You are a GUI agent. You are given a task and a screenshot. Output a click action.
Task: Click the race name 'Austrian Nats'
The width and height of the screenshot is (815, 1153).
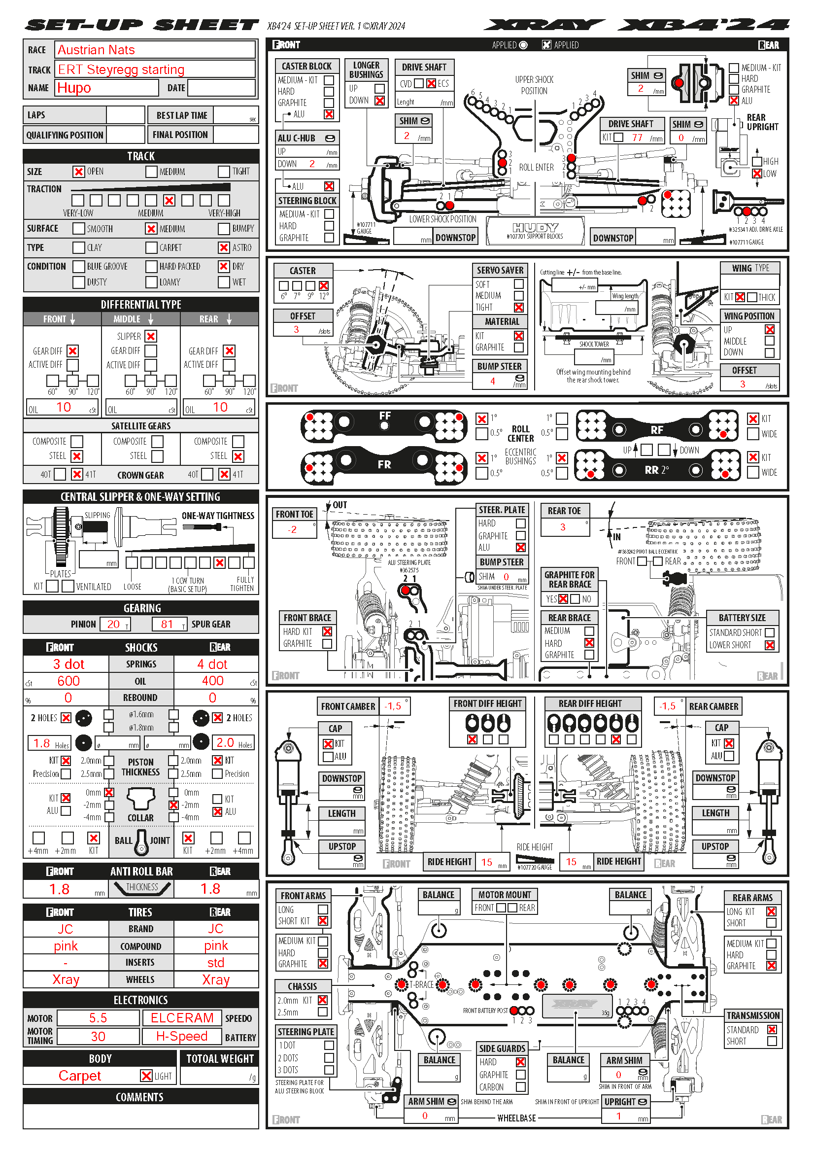pos(96,50)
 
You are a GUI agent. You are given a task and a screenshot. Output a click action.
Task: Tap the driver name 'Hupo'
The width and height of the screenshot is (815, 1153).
pos(74,88)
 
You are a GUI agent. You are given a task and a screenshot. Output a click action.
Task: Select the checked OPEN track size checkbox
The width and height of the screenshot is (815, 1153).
pos(78,172)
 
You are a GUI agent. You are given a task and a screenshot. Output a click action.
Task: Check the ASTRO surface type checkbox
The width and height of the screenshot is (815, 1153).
pos(224,247)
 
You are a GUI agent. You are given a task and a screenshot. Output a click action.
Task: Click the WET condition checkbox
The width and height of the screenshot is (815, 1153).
pos(224,282)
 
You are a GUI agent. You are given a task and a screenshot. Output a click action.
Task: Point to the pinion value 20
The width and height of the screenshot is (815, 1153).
pos(113,624)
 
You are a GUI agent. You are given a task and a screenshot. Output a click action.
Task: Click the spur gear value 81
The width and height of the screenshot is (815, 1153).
pos(167,624)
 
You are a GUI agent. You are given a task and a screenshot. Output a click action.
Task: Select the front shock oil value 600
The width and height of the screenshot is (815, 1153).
pos(68,681)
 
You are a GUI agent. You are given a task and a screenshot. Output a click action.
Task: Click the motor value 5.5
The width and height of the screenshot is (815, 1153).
pos(98,1018)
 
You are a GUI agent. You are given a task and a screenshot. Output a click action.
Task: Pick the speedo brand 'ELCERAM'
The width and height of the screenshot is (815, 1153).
pos(182,1018)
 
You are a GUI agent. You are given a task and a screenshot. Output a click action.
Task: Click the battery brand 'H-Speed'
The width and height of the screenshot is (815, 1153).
pos(182,1037)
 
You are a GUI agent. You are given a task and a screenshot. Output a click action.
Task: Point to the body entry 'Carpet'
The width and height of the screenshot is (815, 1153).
pos(80,1076)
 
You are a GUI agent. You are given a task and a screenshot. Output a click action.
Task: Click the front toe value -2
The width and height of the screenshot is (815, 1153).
pos(292,530)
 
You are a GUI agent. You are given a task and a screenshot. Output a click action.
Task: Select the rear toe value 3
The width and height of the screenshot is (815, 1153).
pos(563,527)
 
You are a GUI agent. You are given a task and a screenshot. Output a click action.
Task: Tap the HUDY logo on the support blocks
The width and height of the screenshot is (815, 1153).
pos(535,227)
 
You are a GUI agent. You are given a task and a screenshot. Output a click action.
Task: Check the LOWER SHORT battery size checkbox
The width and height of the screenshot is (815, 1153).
pos(769,645)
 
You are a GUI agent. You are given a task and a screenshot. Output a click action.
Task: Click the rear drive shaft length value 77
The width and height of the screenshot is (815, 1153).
pos(637,138)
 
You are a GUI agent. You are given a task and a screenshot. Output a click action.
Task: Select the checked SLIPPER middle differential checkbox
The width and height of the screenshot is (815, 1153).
pos(151,336)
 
